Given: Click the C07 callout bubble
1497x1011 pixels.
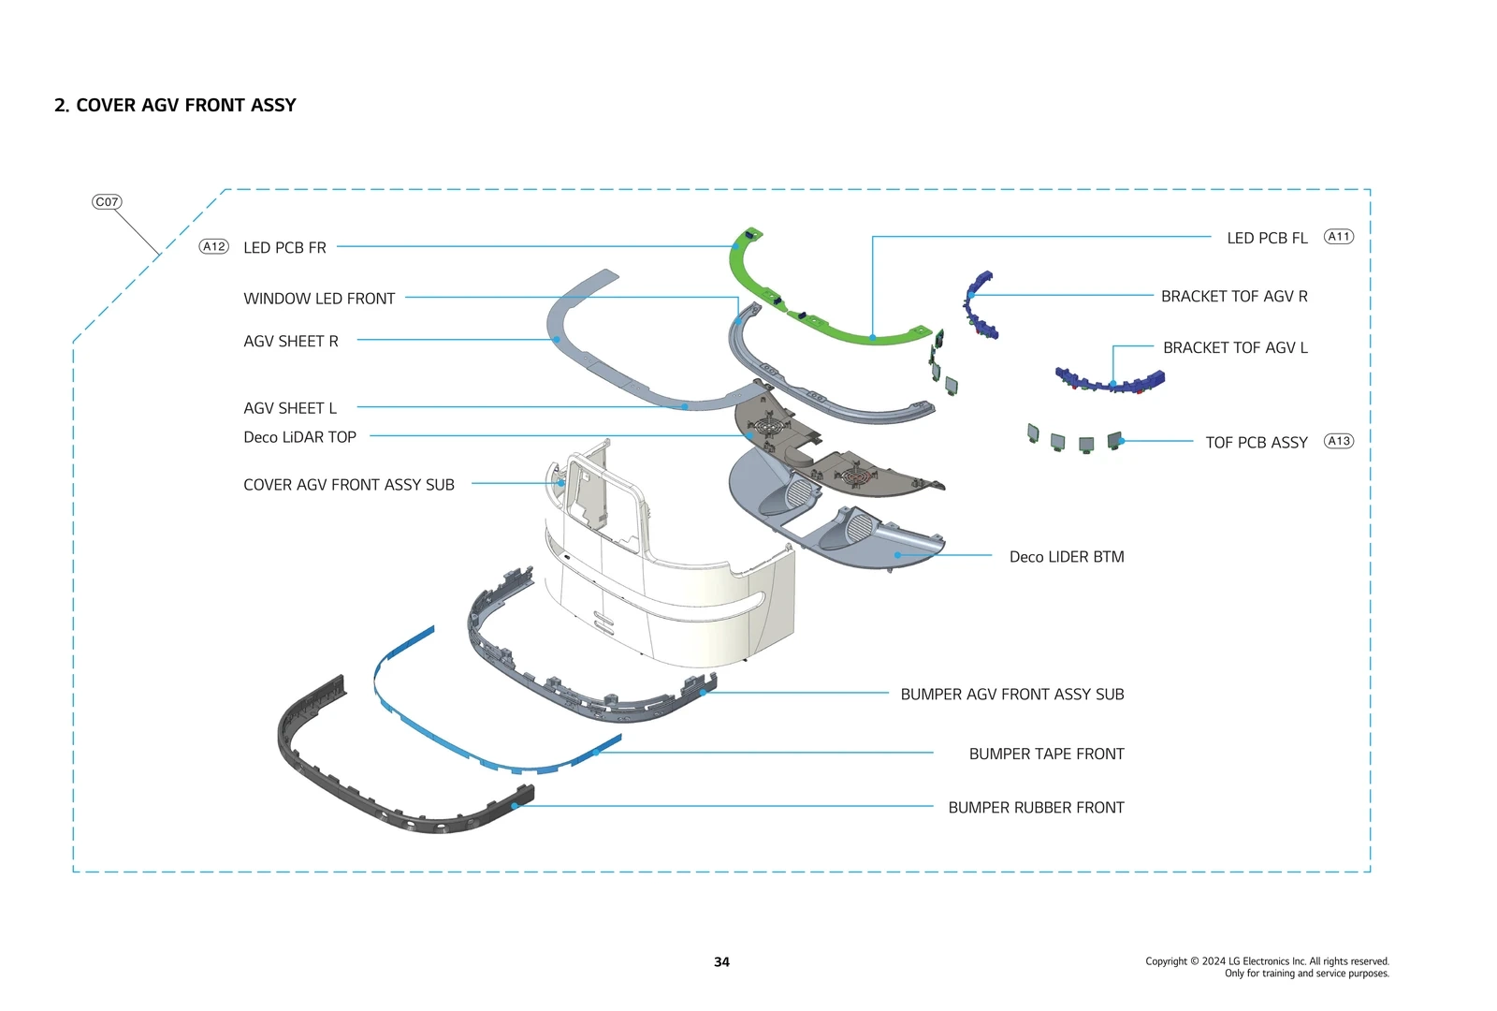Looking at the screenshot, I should pos(107,202).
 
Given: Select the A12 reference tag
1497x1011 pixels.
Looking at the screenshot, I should pos(214,247).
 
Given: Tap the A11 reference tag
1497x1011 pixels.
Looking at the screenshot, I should pos(1339,237).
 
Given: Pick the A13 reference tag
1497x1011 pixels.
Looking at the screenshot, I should pos(1339,441).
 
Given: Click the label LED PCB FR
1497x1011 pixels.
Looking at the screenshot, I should pos(284,248).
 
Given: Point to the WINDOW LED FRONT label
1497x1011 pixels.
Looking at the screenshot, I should pos(319,299).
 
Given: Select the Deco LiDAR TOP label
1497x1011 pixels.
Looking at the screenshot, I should pos(299,437).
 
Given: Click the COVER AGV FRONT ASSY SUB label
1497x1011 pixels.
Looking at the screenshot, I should pos(348,485).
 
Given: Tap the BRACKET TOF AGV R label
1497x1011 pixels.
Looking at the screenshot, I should pos(1234,297).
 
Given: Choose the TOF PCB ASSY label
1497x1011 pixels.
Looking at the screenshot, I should pos(1256,443).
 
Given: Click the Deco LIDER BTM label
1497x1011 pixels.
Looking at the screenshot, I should pos(1067,557).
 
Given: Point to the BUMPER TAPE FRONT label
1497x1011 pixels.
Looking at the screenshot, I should pos(1046,754).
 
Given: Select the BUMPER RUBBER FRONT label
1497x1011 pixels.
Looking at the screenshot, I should pos(1036,808).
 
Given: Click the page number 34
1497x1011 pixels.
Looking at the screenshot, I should pos(721,962).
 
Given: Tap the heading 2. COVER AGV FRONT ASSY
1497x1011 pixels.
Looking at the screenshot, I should pos(175,106).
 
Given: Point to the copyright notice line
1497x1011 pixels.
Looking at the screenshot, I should pos(1267,961).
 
